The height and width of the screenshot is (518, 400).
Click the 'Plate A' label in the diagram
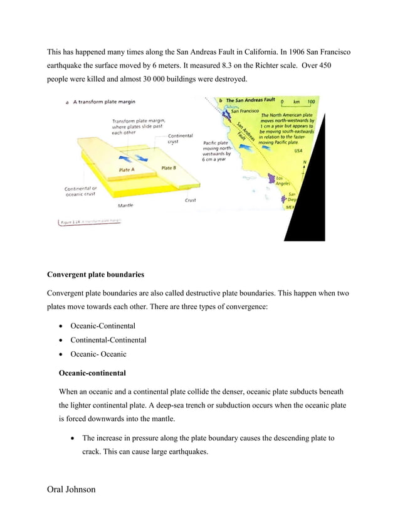point(127,170)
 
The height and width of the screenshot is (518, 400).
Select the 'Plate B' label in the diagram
point(168,168)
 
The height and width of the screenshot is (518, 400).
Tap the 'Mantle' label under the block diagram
point(125,205)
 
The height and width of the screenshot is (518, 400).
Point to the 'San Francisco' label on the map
point(245,112)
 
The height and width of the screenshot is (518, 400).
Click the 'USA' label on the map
point(298,151)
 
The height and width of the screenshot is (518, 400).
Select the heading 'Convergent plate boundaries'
point(95,274)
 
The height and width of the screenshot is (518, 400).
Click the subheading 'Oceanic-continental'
point(92,373)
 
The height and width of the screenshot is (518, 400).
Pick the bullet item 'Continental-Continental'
point(108,340)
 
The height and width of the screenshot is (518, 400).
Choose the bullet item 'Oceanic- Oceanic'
point(98,354)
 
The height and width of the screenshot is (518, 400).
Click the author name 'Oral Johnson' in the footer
point(71,489)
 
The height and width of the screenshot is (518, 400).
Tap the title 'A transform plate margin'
point(105,102)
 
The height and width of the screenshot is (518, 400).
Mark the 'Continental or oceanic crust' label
point(81,191)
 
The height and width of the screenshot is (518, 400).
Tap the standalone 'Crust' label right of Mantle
point(190,200)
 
